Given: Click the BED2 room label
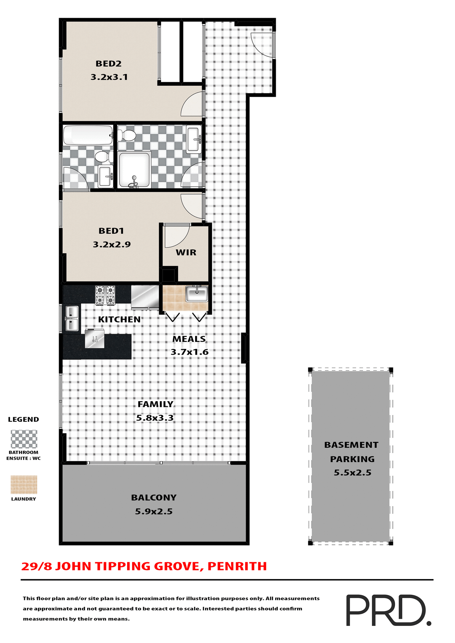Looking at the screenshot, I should coord(108,64).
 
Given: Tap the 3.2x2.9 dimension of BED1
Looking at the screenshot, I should coord(112,244).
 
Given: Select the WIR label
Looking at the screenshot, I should coord(186,253).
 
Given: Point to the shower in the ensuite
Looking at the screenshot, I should coord(134,169).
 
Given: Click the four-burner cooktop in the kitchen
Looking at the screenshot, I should coord(105,295).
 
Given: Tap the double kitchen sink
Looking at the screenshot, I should coord(72,318).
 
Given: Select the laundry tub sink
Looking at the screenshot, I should coord(197,294).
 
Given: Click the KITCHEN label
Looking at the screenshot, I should coord(119,319).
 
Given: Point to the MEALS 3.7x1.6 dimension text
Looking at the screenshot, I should coord(189,352).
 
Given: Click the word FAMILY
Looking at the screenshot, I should coord(155,404).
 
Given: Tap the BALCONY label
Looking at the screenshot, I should coord(154,498).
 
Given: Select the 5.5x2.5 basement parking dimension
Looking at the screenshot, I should coord(352,473).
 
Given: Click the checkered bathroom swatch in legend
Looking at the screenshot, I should coord(24,439).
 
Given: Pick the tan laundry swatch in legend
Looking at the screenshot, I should coord(24,485).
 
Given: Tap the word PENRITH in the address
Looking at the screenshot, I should coord(237,566).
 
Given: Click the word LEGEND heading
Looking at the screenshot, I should coord(23,419).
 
